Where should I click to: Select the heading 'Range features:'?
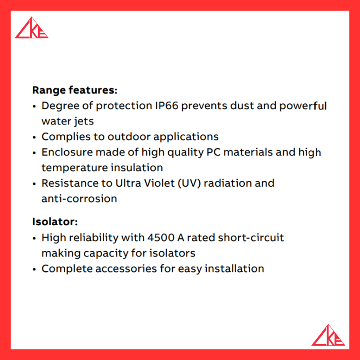[75, 90]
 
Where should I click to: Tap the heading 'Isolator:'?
[55, 222]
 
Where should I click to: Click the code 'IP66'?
[167, 106]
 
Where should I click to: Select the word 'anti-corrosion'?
[79, 199]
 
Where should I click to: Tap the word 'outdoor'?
[129, 137]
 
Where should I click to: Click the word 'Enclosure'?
[67, 152]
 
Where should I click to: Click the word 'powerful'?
[303, 106]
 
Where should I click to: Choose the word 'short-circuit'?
[251, 238]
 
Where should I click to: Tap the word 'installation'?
[234, 269]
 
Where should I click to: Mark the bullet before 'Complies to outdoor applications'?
[34, 137]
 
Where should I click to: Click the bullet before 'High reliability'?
[34, 239]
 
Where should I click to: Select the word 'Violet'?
[160, 183]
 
